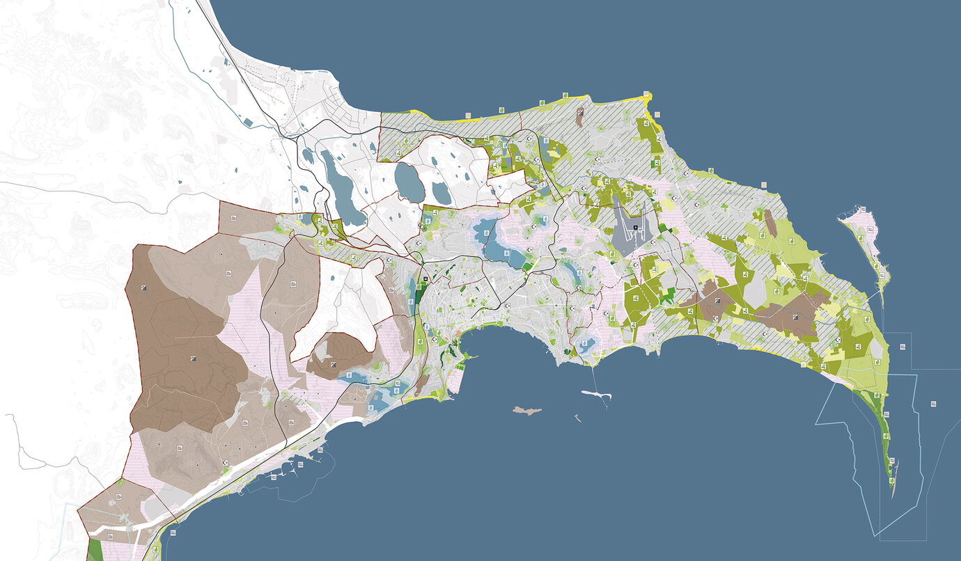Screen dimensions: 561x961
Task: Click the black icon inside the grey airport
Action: [636, 228]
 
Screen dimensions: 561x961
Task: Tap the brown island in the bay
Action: [526, 411]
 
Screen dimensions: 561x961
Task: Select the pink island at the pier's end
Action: [597, 395]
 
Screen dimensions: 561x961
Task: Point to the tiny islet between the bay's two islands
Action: [577, 418]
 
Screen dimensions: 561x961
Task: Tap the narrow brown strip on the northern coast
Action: [580, 117]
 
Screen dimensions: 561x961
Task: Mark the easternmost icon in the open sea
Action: [932, 403]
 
